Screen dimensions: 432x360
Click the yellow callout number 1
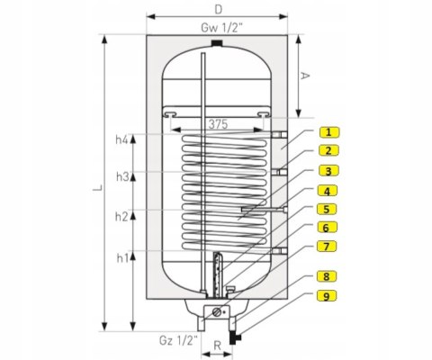329,132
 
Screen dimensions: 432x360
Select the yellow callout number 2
328,150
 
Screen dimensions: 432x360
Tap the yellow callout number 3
328,171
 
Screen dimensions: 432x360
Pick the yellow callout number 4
328,191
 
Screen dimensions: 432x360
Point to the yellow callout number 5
327,209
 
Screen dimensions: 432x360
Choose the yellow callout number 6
327,228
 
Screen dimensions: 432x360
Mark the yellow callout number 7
327,247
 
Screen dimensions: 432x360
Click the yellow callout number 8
327,276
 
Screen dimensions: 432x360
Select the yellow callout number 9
327,296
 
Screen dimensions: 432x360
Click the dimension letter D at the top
219,10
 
